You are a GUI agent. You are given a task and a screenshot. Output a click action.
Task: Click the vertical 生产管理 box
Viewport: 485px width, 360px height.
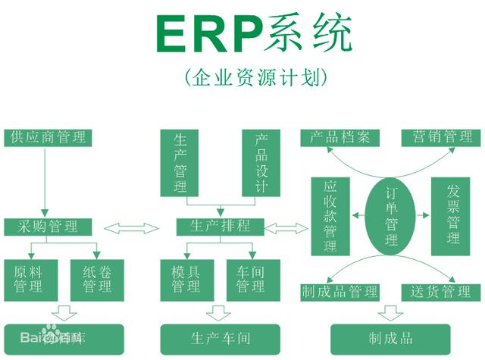click(180, 163)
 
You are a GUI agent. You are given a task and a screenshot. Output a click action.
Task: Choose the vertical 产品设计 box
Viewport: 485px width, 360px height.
click(261, 163)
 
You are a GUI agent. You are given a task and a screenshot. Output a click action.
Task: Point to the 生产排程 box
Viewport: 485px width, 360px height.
click(219, 227)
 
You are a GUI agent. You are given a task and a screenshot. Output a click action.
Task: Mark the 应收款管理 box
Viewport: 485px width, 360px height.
click(330, 216)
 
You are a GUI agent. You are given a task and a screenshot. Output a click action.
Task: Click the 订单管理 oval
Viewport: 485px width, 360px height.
click(391, 215)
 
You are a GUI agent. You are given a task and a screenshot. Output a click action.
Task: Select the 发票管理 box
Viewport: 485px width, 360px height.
click(453, 216)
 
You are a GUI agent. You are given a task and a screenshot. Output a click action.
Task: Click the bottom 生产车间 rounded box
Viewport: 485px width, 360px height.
click(220, 339)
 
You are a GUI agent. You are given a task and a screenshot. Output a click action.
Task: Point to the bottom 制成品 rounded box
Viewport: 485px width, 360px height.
click(391, 339)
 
